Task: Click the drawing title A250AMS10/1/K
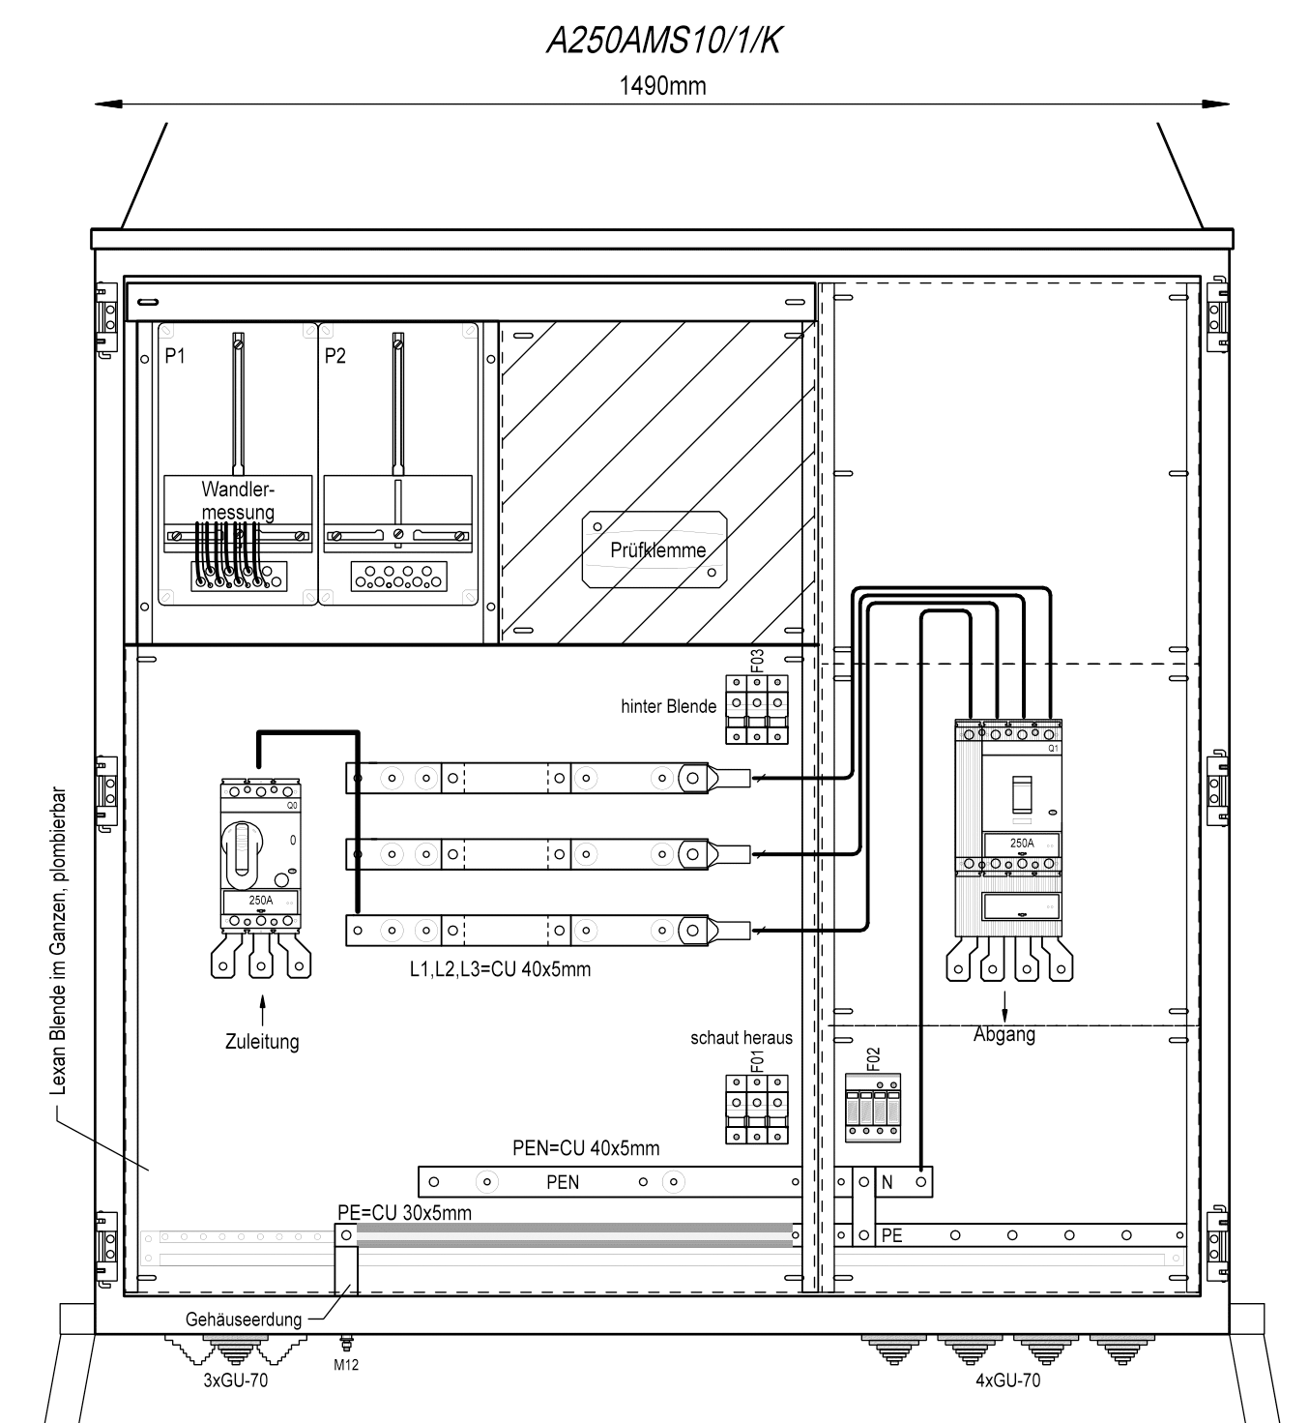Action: click(664, 41)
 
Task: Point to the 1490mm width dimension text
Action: click(663, 86)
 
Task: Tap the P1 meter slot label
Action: click(175, 355)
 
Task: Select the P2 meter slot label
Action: click(335, 355)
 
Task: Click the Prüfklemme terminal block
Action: click(654, 549)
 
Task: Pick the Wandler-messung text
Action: click(238, 500)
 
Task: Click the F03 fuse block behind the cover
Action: click(757, 709)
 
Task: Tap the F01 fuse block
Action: click(757, 1109)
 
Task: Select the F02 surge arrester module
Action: click(873, 1108)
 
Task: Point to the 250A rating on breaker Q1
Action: click(1022, 844)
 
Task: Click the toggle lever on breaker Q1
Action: click(1022, 794)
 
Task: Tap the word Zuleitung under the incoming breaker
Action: click(262, 1041)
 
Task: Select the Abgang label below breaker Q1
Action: click(1004, 1034)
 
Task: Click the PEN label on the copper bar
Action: click(563, 1182)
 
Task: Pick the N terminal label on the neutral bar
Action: click(887, 1182)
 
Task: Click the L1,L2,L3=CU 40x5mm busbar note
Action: click(501, 969)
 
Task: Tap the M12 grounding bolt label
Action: click(346, 1364)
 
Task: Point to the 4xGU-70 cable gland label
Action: click(1007, 1379)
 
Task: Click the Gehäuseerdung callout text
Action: click(244, 1319)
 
